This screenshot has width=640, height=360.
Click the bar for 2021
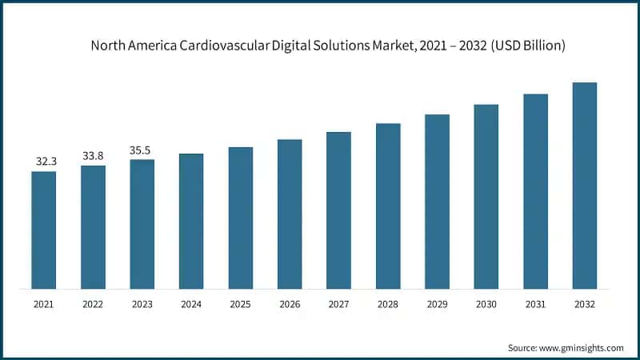[44, 230]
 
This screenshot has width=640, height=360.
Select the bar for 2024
[191, 221]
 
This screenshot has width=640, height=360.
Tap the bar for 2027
[338, 210]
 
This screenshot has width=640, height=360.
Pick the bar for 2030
[486, 196]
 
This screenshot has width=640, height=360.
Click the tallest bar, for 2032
[585, 185]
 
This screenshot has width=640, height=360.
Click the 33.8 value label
[94, 155]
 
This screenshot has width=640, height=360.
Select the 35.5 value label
[142, 150]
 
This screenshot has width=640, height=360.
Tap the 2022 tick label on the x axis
[93, 305]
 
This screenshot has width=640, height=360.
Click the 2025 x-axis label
[240, 305]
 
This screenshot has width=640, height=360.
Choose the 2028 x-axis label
[387, 305]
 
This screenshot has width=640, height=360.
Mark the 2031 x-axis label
[535, 305]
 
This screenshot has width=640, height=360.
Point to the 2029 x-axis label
[437, 305]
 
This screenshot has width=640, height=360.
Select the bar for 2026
[290, 214]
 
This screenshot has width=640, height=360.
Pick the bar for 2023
[142, 223]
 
